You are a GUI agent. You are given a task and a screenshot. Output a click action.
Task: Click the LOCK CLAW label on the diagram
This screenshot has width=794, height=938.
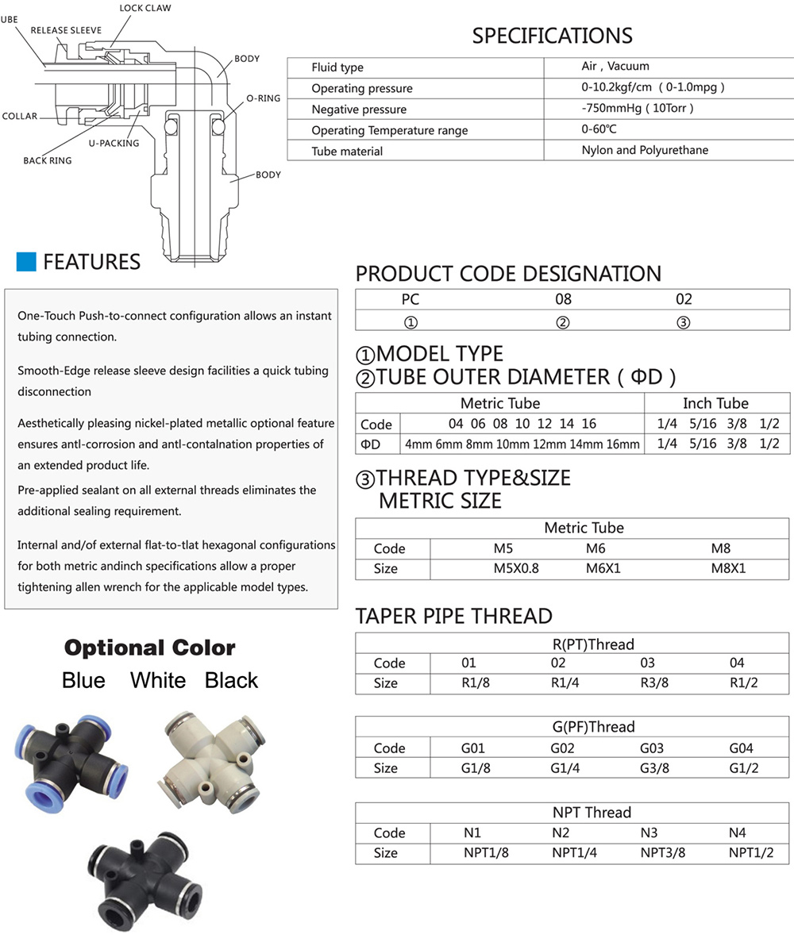pyautogui.click(x=145, y=9)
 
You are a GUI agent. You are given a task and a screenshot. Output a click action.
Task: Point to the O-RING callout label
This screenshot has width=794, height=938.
pyautogui.click(x=263, y=98)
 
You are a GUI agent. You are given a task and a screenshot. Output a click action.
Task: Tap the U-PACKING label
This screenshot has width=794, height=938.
pyautogui.click(x=114, y=144)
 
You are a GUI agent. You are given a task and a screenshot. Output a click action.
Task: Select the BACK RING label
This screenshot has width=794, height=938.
pyautogui.click(x=48, y=160)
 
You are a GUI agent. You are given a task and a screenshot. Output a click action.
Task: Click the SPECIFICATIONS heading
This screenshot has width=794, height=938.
pyautogui.click(x=552, y=36)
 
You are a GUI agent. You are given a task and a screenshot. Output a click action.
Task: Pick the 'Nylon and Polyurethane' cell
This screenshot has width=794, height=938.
pyautogui.click(x=645, y=150)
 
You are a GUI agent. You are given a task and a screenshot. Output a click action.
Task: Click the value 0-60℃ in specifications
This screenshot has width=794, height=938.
pyautogui.click(x=599, y=129)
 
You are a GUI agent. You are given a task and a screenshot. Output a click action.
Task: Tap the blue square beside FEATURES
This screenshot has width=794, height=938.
pyautogui.click(x=26, y=262)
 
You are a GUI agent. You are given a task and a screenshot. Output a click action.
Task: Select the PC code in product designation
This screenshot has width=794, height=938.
pyautogui.click(x=410, y=299)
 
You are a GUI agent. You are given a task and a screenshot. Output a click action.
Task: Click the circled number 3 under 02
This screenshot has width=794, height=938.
pyautogui.click(x=683, y=322)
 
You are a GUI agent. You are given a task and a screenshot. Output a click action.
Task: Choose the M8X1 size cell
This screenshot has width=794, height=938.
pyautogui.click(x=728, y=568)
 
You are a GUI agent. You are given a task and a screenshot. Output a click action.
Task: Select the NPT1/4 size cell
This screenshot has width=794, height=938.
pyautogui.click(x=574, y=853)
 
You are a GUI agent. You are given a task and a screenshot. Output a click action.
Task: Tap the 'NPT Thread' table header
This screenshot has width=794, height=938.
pyautogui.click(x=592, y=813)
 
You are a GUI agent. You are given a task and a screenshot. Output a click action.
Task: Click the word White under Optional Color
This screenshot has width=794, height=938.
pyautogui.click(x=158, y=680)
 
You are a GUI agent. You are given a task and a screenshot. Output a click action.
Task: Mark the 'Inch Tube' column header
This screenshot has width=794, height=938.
pyautogui.click(x=715, y=403)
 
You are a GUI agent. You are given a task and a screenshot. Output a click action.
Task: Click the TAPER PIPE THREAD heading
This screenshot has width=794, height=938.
pyautogui.click(x=453, y=616)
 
